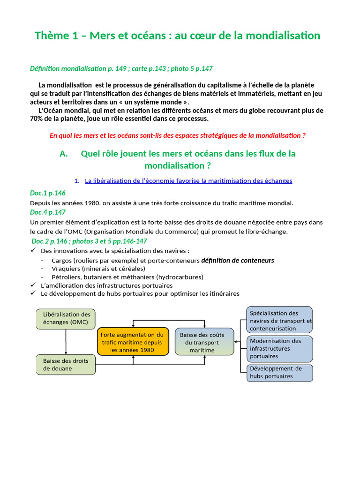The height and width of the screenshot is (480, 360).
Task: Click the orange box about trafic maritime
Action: (133, 342)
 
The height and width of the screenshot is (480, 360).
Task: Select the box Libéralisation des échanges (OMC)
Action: (66, 318)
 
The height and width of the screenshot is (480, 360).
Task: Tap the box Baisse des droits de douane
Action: (66, 364)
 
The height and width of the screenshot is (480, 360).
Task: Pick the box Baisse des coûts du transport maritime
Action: (204, 342)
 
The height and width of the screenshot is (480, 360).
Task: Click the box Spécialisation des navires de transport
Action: (280, 320)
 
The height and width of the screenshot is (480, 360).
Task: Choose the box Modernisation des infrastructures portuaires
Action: (280, 348)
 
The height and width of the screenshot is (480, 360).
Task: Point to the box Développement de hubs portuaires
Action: (280, 372)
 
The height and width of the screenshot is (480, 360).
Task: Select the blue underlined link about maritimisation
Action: (188, 180)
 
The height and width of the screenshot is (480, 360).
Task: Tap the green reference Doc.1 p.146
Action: (48, 193)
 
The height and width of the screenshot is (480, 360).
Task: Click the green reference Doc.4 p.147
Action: (48, 212)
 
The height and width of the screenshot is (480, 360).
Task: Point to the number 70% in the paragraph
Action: (37, 119)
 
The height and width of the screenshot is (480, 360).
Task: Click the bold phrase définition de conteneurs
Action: (238, 260)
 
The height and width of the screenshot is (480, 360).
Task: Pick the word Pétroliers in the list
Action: (66, 277)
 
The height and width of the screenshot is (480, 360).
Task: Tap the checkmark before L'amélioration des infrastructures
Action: (33, 285)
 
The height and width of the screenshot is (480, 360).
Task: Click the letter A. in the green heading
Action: (65, 154)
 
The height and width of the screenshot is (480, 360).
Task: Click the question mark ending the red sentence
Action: (304, 135)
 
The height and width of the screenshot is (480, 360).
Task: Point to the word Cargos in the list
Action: (62, 260)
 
